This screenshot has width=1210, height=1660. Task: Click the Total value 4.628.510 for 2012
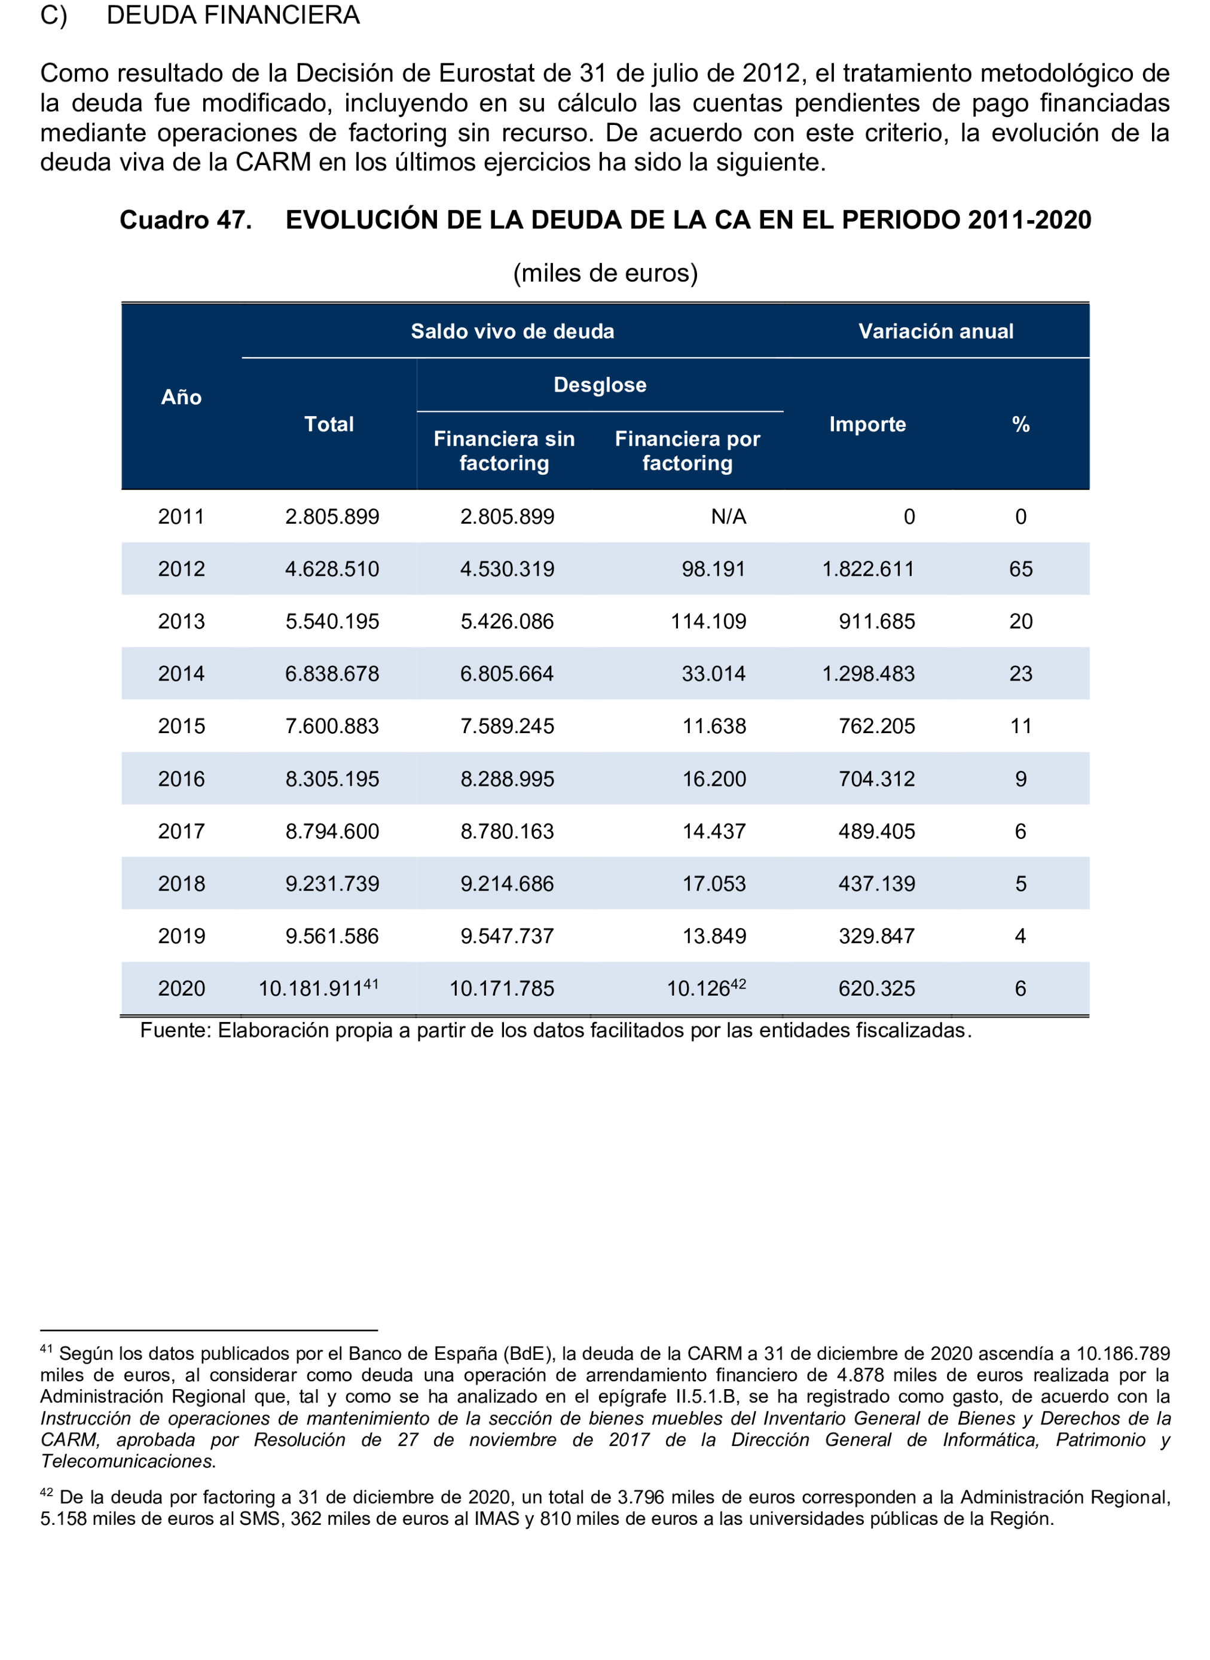tap(332, 569)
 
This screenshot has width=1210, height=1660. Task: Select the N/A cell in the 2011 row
tap(728, 517)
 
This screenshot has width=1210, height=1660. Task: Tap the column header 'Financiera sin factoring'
tap(504, 450)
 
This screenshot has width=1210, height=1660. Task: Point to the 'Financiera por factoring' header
tap(687, 450)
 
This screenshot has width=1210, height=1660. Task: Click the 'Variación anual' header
tap(936, 331)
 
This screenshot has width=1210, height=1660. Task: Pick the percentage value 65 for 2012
tap(1020, 569)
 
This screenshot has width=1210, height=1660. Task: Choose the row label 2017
tap(181, 831)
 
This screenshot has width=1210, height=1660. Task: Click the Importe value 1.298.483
tap(868, 674)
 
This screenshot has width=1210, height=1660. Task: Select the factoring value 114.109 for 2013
tap(708, 622)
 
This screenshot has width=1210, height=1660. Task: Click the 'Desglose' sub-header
tap(600, 385)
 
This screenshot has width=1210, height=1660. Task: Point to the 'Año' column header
tap(181, 397)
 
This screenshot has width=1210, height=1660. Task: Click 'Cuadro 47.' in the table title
tap(185, 220)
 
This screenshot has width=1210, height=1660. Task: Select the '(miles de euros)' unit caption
tap(605, 273)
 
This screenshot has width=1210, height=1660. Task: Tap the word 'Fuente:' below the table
tap(176, 1031)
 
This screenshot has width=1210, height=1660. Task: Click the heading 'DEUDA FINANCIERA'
tap(233, 16)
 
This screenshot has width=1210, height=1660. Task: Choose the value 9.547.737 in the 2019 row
tap(507, 936)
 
